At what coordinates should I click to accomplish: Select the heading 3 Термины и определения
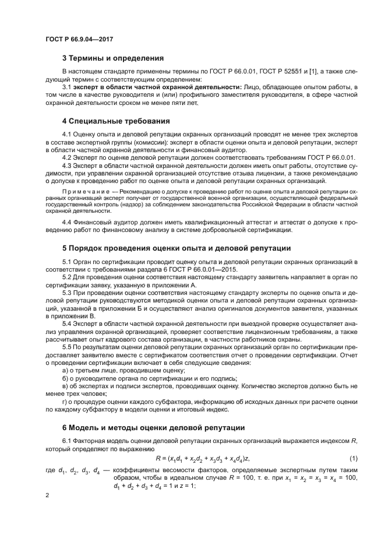tap(112, 58)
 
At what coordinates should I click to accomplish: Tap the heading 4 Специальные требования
tap(115, 121)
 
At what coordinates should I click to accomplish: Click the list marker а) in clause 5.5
tap(65, 370)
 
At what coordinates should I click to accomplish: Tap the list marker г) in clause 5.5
tap(65, 401)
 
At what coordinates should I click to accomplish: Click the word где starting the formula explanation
tap(51, 469)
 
